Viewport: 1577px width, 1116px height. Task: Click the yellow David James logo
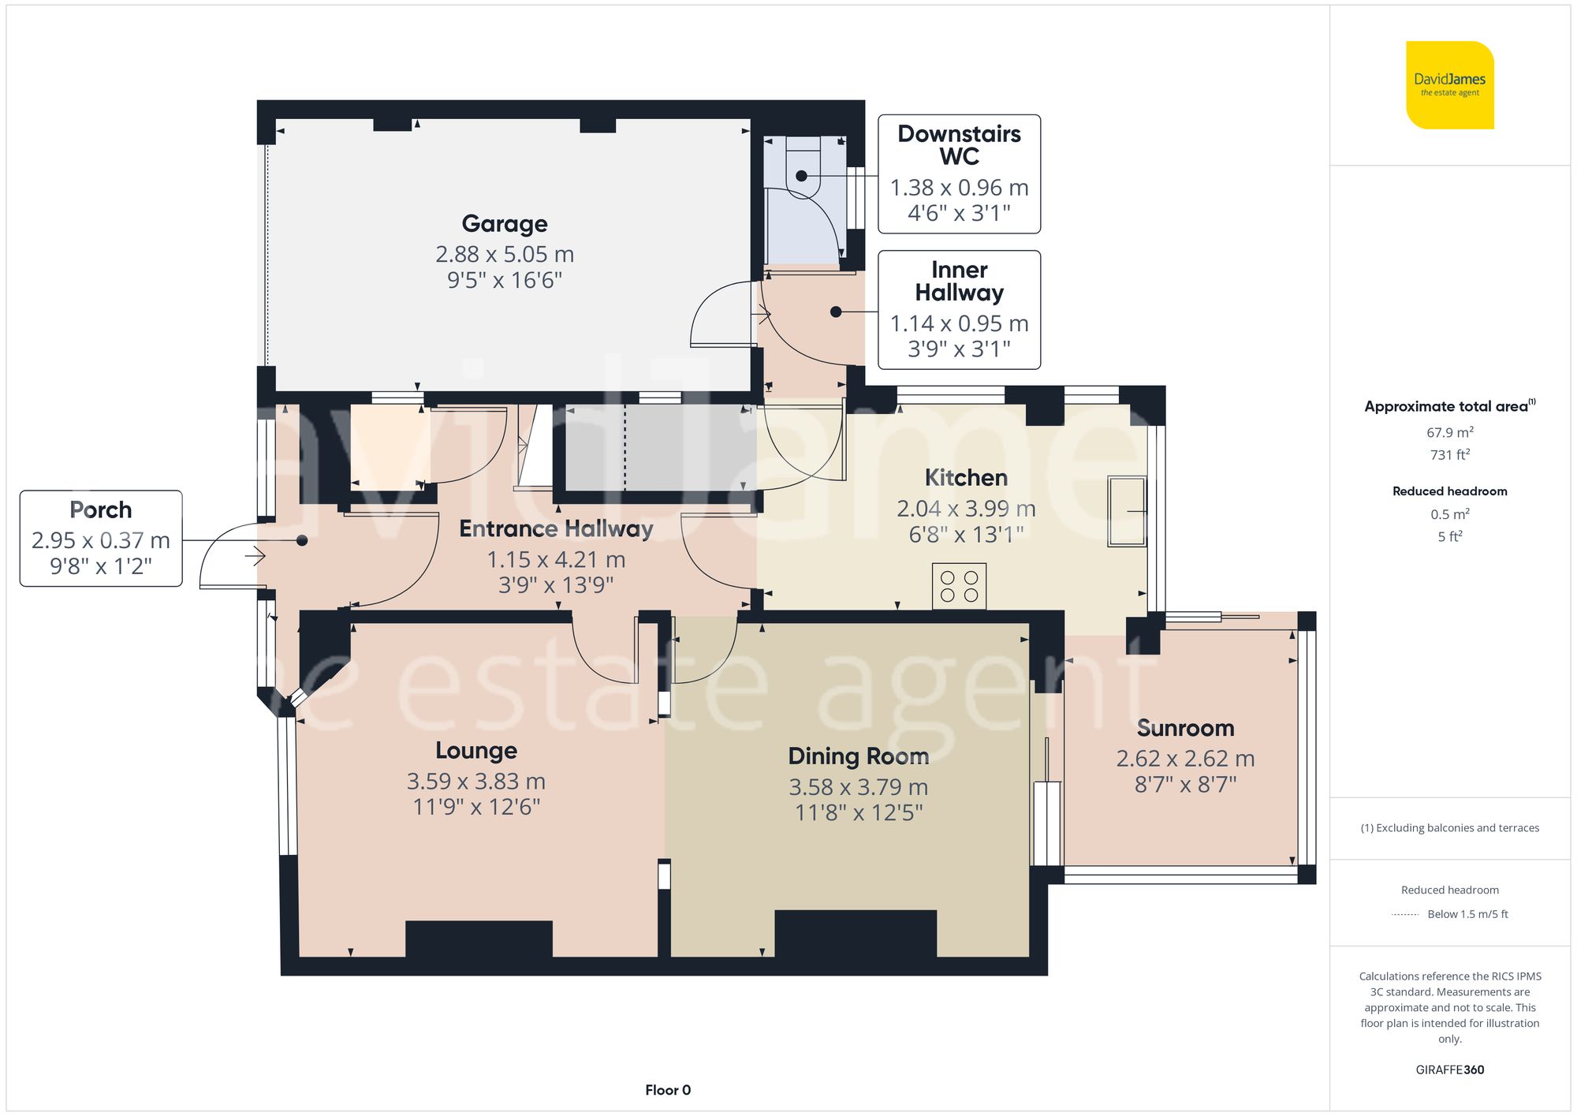1449,85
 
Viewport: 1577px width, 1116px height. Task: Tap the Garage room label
505,224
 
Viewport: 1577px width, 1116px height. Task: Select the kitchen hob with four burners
959,586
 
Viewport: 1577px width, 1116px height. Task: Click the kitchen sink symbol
1126,511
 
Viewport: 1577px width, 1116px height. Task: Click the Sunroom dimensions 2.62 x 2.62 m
1185,759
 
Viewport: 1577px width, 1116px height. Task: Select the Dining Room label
858,756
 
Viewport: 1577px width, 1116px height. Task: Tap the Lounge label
476,751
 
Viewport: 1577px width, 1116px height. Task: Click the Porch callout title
101,510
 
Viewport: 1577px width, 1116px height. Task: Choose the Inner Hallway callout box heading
959,282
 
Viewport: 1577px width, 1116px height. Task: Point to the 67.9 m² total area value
1449,432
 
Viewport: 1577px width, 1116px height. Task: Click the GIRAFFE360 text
1449,1069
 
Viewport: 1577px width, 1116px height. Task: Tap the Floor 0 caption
667,1090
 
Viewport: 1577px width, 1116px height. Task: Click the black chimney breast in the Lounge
479,939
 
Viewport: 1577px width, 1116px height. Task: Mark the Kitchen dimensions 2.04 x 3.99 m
966,509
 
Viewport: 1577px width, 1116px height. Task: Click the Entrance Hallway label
556,529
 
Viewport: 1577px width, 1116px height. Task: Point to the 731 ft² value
1449,455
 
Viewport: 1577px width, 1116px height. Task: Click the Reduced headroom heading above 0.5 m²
1449,491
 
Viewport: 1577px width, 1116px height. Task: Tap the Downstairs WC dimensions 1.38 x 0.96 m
959,188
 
